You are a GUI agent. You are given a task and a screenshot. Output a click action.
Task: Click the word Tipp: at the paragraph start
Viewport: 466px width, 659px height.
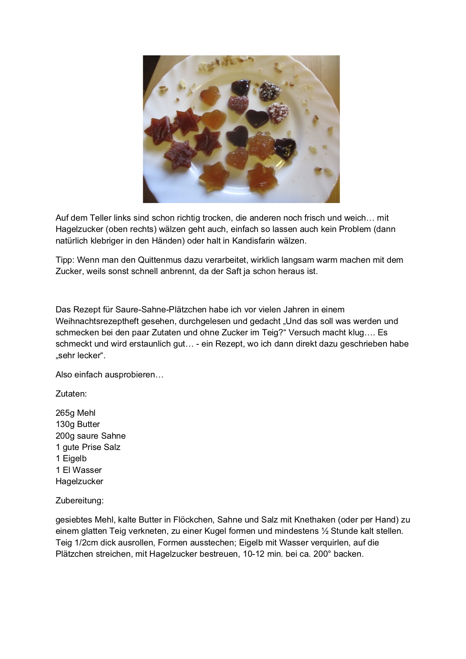[x=65, y=260]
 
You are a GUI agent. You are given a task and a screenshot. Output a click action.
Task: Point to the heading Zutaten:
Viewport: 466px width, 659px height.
[x=71, y=394]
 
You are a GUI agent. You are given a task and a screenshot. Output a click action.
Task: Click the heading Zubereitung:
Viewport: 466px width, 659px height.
[x=79, y=500]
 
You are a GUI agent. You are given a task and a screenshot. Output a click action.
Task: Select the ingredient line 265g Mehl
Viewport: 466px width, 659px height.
[x=76, y=413]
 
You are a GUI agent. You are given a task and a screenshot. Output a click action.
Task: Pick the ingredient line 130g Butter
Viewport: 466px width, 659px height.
[x=78, y=424]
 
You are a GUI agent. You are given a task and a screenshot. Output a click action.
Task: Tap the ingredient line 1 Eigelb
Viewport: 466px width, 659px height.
[x=71, y=458]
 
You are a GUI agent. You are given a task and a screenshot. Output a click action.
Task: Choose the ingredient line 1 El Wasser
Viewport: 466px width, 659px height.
[x=79, y=470]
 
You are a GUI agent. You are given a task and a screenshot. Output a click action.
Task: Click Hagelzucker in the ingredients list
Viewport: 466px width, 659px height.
[x=79, y=481]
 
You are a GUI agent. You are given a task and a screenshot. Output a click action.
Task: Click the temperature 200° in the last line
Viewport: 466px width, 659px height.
[x=321, y=554]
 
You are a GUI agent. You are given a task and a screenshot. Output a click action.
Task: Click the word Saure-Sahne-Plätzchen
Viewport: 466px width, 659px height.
[x=161, y=310]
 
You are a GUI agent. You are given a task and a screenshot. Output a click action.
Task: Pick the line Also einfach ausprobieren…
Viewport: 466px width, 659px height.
[x=109, y=374]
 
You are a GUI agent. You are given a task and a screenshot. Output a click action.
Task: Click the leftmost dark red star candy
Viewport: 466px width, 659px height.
[x=161, y=130]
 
